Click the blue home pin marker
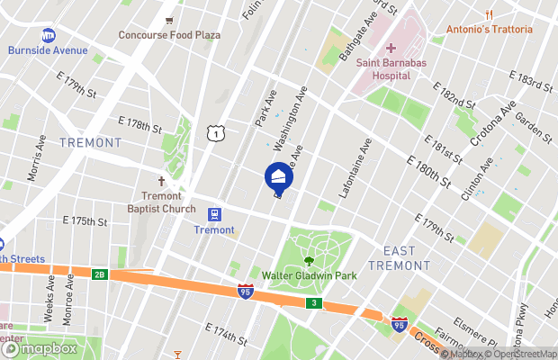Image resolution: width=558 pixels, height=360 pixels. (279, 175)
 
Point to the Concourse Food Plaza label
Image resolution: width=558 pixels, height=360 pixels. (170, 35)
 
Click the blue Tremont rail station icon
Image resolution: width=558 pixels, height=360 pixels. (214, 214)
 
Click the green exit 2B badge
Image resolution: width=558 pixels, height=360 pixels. (100, 274)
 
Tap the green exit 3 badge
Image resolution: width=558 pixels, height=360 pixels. (313, 303)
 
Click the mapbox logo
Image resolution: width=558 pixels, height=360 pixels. (38, 348)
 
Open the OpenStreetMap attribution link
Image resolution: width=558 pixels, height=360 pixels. (520, 354)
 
